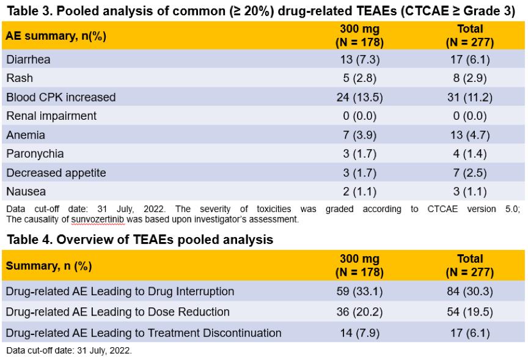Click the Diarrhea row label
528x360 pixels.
(x=28, y=59)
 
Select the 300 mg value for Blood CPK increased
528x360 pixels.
(x=359, y=97)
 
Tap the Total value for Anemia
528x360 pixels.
(x=469, y=135)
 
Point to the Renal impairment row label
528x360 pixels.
(x=51, y=116)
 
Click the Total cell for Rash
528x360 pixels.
(x=469, y=78)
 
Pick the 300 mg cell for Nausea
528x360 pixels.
(x=359, y=192)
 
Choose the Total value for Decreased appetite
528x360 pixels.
(x=469, y=173)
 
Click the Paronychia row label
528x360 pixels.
(x=34, y=154)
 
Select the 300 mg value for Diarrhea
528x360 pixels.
(x=359, y=59)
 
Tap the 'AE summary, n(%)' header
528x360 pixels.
(x=56, y=36)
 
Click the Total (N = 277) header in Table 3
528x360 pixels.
(x=469, y=36)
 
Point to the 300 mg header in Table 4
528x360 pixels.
(x=359, y=266)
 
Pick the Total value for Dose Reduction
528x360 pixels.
(x=469, y=312)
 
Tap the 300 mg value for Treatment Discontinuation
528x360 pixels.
(x=359, y=333)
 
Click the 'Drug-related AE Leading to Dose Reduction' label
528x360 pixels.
(x=118, y=312)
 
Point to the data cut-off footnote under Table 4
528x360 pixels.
(x=69, y=351)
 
